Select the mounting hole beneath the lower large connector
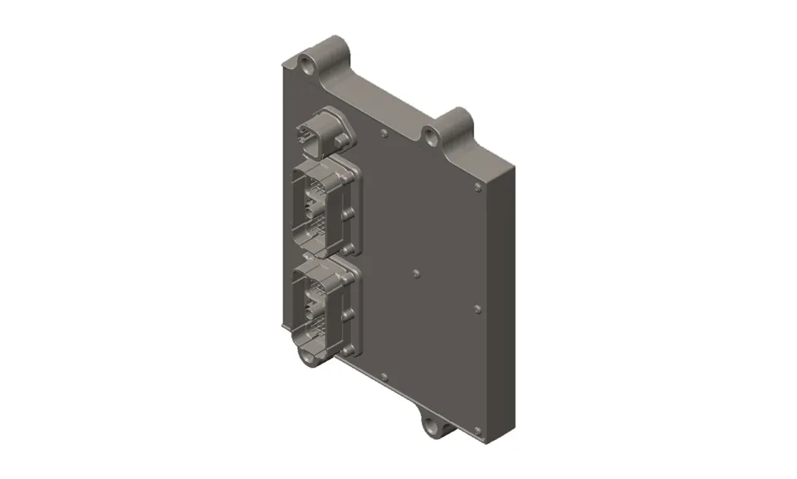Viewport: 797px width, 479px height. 306,359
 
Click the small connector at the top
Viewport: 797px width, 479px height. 314,134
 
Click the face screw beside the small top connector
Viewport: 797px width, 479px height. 384,132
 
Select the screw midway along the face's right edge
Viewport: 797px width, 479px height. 477,309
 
